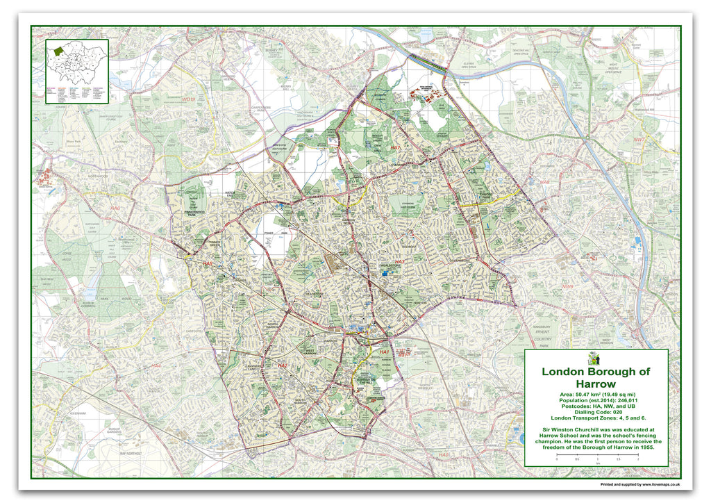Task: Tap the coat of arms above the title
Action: [x=593, y=358]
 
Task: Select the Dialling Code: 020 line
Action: [x=595, y=412]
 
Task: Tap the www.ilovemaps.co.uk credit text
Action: [x=660, y=484]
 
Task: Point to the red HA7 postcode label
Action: [x=395, y=149]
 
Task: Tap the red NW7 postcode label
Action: [x=638, y=140]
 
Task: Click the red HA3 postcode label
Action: [x=399, y=262]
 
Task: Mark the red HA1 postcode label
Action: [x=385, y=353]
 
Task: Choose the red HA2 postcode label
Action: [x=283, y=365]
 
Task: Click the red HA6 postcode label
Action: [x=116, y=208]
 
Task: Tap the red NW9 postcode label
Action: [x=567, y=287]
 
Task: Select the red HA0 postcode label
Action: [x=445, y=455]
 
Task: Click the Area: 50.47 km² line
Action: [x=595, y=395]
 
